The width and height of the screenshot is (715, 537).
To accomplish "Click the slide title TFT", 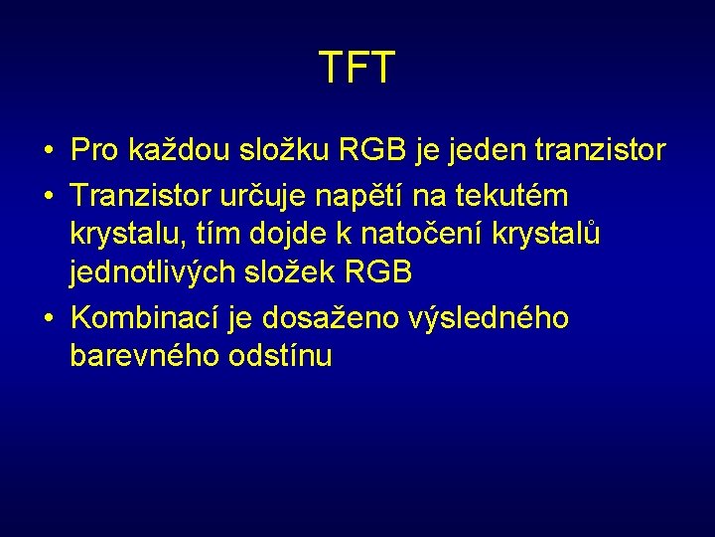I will click(x=357, y=68).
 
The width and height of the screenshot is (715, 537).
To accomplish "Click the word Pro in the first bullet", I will click(x=94, y=150).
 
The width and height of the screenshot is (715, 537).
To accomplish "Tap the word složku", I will click(x=286, y=150).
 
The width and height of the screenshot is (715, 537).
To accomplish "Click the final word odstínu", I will click(x=283, y=356).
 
